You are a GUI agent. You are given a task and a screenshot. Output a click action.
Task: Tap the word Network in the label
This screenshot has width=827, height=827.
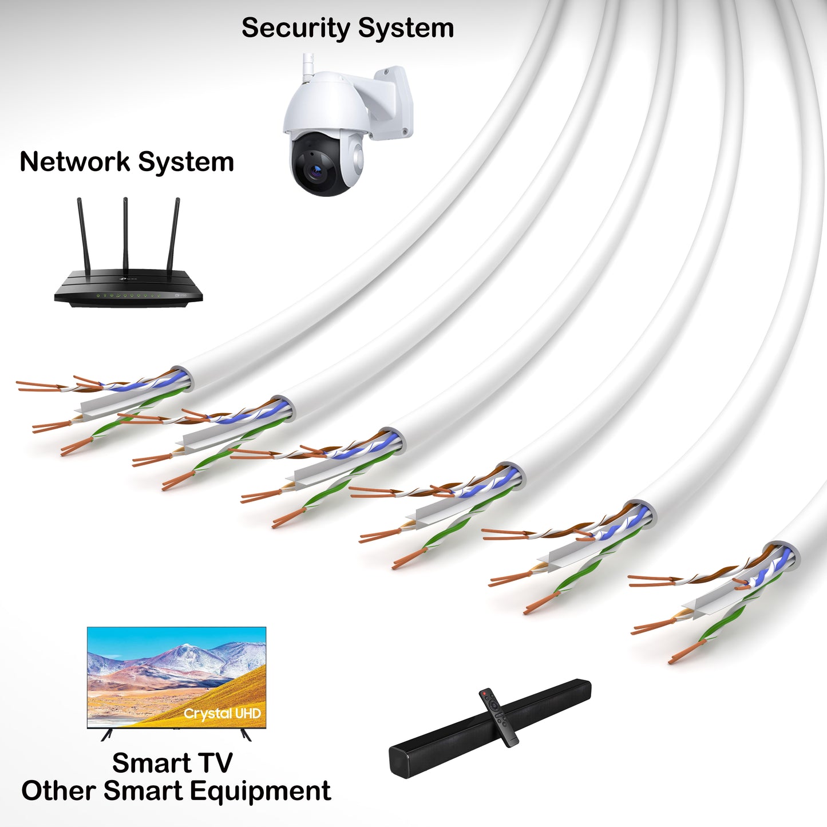(75, 162)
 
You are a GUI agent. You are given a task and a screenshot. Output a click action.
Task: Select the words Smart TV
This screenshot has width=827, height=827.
(172, 763)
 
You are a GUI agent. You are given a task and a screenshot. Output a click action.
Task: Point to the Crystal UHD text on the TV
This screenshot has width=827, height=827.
(222, 714)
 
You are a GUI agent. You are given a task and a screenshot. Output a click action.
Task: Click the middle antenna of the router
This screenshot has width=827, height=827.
(125, 235)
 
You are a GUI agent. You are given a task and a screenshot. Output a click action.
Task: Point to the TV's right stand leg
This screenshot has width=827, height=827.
(246, 734)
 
